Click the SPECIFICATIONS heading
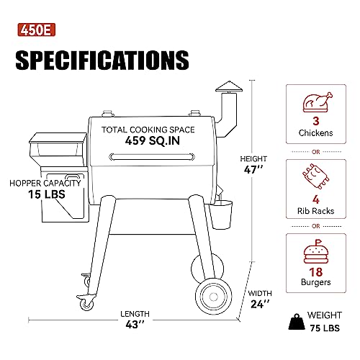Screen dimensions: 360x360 point(102,60)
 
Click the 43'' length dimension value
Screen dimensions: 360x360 point(135,324)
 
